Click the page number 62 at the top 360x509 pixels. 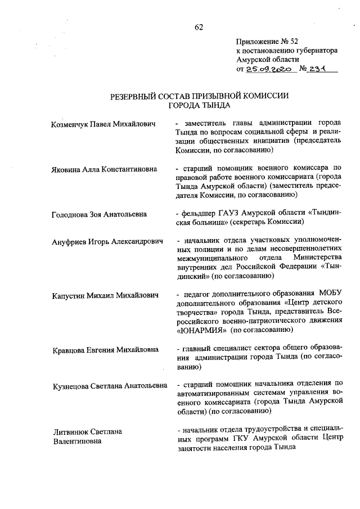tap(199, 27)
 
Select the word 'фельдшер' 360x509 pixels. tap(197, 214)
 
